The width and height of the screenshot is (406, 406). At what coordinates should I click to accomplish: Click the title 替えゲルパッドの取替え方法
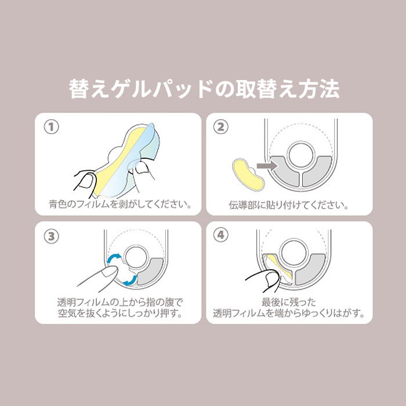pos(204,89)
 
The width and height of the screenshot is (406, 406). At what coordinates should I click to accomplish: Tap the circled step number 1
pos(51,127)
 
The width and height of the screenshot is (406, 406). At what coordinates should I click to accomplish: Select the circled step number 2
pos(220,127)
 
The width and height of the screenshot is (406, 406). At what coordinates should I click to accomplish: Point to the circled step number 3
pos(51,236)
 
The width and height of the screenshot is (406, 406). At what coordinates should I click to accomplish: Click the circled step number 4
pos(220,235)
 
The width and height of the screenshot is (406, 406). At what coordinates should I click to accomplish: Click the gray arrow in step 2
pos(266,166)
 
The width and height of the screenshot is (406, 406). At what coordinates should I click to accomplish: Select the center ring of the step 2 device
pos(301,155)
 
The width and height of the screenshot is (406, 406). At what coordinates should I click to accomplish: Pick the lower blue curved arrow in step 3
pos(130,281)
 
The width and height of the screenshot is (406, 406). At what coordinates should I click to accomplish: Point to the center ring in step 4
pos(295,252)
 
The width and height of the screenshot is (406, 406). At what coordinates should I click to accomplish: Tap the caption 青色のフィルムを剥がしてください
pos(120,204)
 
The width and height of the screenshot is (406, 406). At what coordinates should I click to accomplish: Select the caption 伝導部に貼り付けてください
pos(288,205)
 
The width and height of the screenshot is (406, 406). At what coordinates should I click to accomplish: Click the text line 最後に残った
pos(289,302)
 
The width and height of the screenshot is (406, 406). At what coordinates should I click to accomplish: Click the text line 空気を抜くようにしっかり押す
pos(120,313)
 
